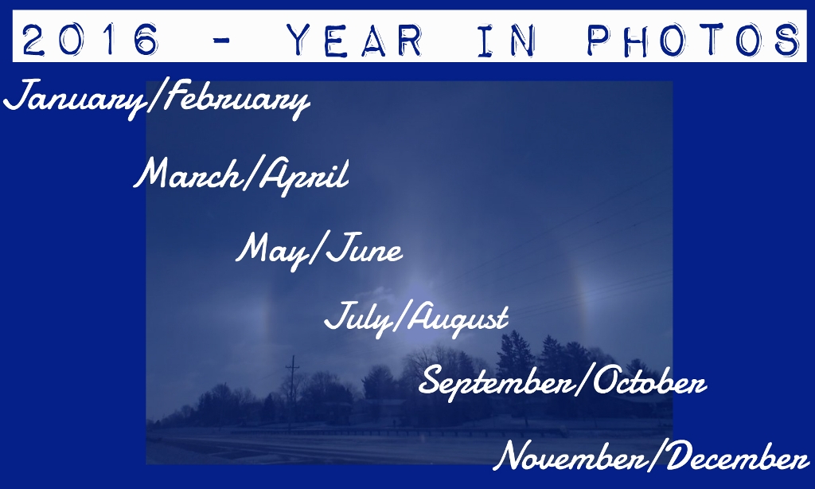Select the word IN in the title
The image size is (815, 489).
click(x=506, y=40)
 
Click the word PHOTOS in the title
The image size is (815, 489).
click(x=694, y=40)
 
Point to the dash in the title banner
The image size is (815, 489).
click(x=223, y=41)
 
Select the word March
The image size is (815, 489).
click(x=188, y=174)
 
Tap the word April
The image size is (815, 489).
click(x=304, y=175)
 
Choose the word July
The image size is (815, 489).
click(x=359, y=318)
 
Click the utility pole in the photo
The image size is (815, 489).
click(x=293, y=393)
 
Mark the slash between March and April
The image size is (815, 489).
click(x=250, y=174)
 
